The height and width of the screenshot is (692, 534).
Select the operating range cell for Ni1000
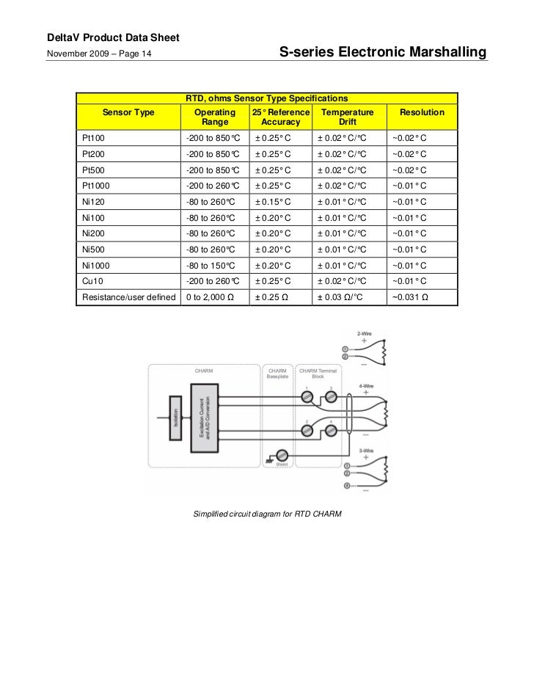point(210,266)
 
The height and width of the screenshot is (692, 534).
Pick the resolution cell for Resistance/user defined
point(410,297)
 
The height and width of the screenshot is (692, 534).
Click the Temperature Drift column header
point(348,117)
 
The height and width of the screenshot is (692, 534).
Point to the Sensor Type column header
point(128,112)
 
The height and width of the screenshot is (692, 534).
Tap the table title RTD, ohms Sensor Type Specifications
point(266,98)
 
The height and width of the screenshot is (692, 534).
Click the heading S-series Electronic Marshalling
point(383,53)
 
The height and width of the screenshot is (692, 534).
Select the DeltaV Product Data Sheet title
point(109,37)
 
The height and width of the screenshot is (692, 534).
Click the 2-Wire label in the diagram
point(365,334)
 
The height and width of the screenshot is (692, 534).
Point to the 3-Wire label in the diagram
point(365,451)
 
